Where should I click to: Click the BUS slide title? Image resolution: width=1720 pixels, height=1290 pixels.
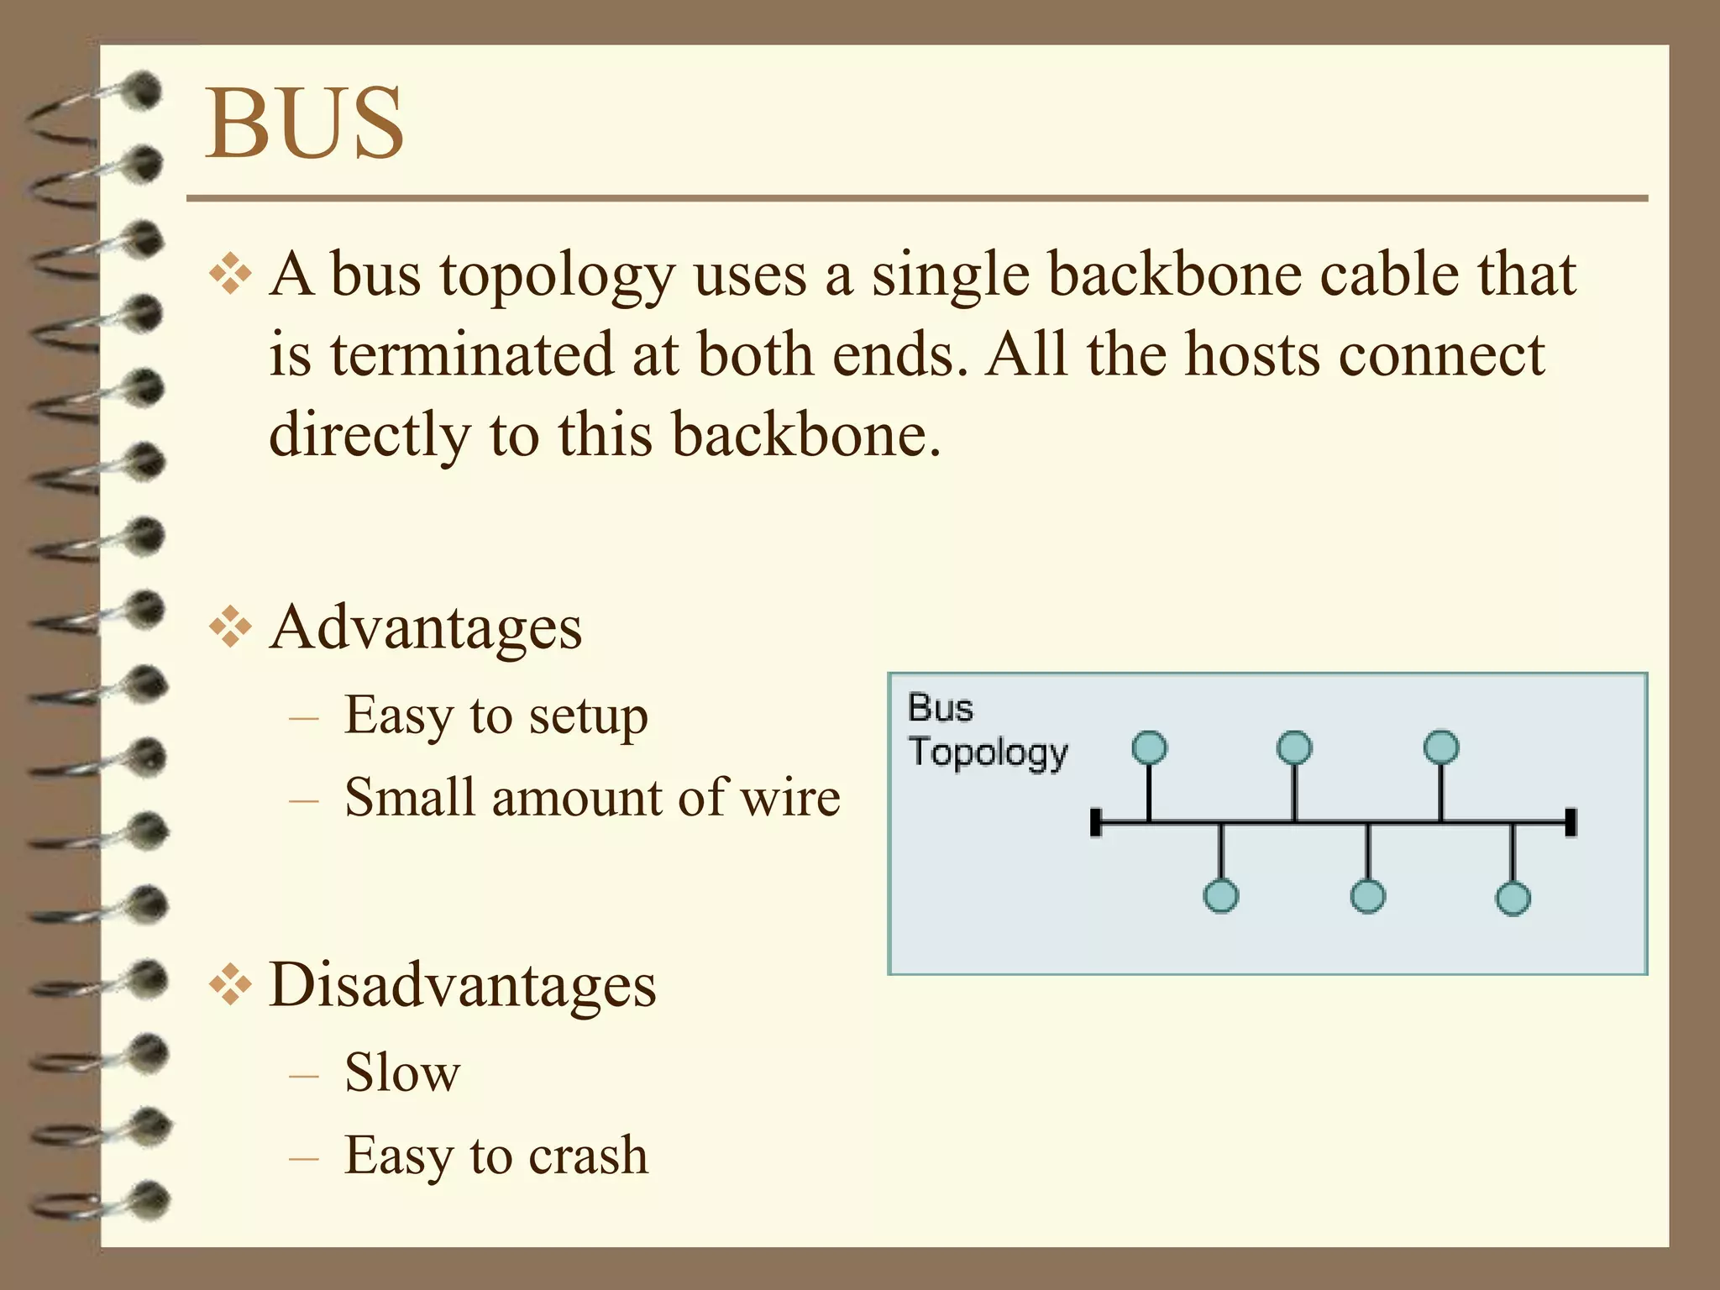(x=305, y=123)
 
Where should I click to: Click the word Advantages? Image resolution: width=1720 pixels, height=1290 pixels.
(x=426, y=627)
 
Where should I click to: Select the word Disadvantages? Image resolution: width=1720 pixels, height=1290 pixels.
(x=463, y=984)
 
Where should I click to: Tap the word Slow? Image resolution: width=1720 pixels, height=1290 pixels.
(x=402, y=1072)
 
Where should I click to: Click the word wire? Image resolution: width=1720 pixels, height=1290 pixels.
(x=790, y=797)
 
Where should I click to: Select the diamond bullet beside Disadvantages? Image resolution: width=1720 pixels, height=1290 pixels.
(x=230, y=986)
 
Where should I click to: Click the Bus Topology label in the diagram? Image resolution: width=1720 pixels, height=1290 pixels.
(x=987, y=730)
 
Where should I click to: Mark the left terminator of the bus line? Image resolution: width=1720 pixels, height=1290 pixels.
(x=1095, y=822)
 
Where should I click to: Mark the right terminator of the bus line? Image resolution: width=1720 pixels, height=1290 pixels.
(x=1571, y=822)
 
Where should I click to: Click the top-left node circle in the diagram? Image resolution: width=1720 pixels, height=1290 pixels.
(x=1149, y=747)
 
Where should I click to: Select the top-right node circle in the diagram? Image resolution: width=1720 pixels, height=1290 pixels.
(x=1441, y=747)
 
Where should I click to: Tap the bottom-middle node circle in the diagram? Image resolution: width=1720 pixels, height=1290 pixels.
(x=1368, y=896)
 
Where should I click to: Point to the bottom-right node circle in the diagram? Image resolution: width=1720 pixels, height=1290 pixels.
(x=1513, y=898)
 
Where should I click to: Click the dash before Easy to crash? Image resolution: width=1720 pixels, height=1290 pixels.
(x=303, y=1158)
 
